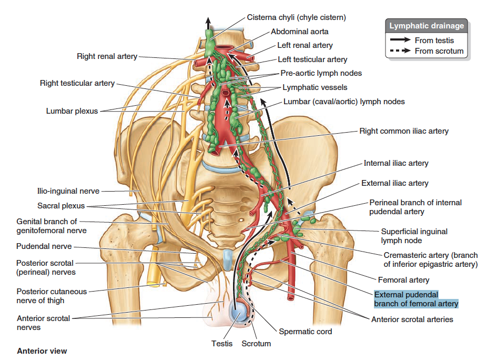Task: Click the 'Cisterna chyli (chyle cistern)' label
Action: [x=296, y=17]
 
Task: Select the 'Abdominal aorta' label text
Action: [x=299, y=32]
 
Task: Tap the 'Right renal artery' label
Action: [x=107, y=56]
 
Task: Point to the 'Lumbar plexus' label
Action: [x=72, y=111]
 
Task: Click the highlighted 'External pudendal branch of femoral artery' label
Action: [x=416, y=299]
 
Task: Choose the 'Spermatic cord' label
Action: [x=305, y=332]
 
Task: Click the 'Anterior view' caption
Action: [x=42, y=350]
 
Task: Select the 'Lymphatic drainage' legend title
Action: [x=427, y=26]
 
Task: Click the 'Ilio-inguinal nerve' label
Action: [x=68, y=192]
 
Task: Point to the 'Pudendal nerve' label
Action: [x=44, y=246]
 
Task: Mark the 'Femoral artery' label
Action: [x=403, y=280]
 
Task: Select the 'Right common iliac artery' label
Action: [x=404, y=131]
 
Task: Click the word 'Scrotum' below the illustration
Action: [x=256, y=344]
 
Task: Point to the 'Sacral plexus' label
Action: [x=60, y=206]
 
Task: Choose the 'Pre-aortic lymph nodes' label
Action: [x=321, y=73]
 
